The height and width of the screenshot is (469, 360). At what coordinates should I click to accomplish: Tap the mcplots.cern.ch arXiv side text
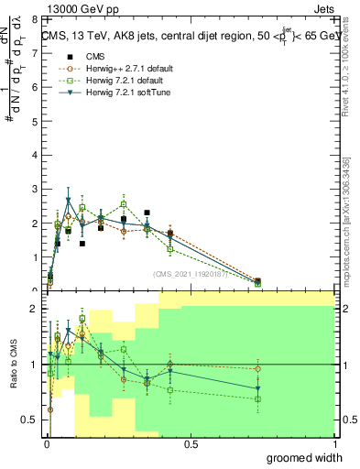tap(347, 220)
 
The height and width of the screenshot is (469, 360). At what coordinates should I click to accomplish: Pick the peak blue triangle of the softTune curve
tap(68, 200)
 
